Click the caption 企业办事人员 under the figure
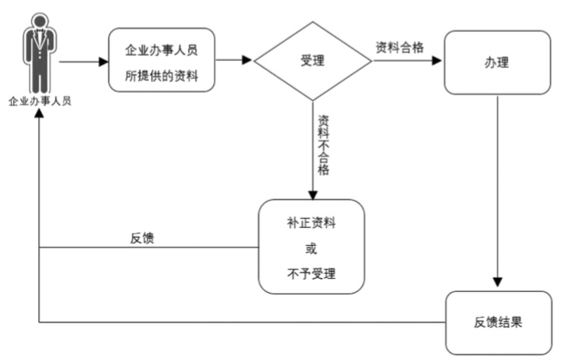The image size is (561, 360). pyautogui.click(x=40, y=101)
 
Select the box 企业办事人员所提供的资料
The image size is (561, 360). pyautogui.click(x=162, y=61)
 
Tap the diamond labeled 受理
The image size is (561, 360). pyautogui.click(x=312, y=61)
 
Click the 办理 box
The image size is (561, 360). pyautogui.click(x=496, y=62)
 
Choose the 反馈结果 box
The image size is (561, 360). pyautogui.click(x=496, y=322)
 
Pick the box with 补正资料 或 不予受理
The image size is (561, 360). pyautogui.click(x=312, y=247)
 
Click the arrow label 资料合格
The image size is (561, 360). pyautogui.click(x=399, y=48)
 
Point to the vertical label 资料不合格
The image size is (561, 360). pyautogui.click(x=323, y=144)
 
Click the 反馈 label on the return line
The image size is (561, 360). pyautogui.click(x=141, y=238)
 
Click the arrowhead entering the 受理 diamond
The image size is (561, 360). pyautogui.click(x=248, y=61)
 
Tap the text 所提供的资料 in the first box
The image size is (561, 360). pyautogui.click(x=162, y=75)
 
